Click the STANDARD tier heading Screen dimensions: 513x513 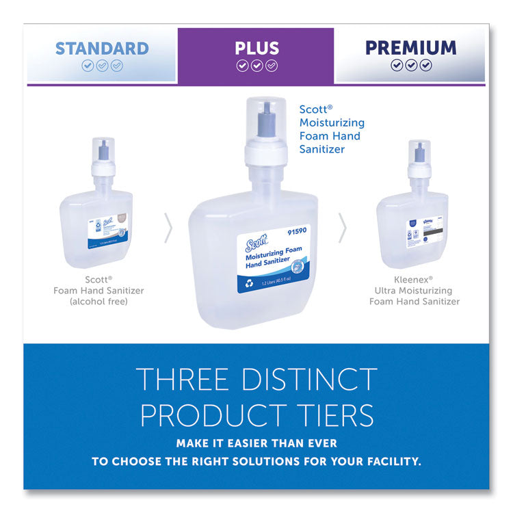click(102, 48)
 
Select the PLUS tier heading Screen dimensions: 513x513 click(256, 48)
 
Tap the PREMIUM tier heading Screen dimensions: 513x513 click(410, 47)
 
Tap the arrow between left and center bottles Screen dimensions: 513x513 click(168, 228)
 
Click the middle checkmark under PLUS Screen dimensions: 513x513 click(256, 66)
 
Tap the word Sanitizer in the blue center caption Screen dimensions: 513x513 click(323, 148)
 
